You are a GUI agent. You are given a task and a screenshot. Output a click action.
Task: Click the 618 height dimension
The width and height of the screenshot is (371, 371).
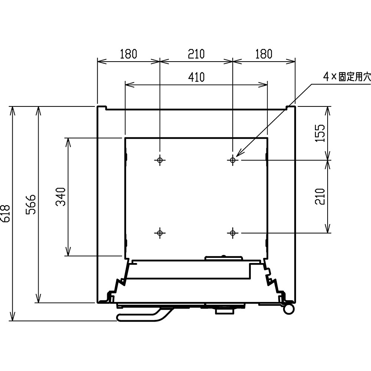[x=6, y=214]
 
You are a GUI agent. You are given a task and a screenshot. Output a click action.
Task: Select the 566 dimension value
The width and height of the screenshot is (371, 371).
[x=31, y=204]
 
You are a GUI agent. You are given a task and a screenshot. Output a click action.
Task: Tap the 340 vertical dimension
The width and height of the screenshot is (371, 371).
[x=60, y=197]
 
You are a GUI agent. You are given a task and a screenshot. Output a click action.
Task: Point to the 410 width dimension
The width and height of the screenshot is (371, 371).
[x=196, y=77]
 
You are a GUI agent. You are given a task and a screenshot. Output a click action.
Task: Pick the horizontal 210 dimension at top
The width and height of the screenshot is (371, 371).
[x=196, y=54]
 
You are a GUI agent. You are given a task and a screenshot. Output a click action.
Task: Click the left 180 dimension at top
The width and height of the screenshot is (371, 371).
[x=128, y=54]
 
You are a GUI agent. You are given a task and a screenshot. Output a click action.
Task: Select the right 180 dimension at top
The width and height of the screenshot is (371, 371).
[x=264, y=54]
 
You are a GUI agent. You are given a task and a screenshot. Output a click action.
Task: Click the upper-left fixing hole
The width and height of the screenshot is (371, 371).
[x=160, y=160]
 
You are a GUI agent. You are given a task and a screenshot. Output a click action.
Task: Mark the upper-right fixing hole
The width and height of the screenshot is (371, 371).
[x=233, y=160]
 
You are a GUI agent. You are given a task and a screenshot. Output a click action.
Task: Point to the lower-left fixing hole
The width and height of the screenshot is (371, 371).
[x=160, y=233]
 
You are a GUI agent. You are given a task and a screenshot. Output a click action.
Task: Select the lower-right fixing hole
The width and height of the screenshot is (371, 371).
[x=233, y=233]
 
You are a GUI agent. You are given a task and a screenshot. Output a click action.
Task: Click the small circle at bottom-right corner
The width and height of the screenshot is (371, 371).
[x=288, y=309]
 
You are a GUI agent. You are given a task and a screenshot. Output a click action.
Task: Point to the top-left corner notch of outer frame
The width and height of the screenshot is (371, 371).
[x=102, y=108]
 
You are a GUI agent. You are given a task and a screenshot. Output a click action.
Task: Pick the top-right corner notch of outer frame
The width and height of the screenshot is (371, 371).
[x=291, y=108]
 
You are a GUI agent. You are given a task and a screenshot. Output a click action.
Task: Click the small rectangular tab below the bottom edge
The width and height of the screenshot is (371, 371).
[x=224, y=312]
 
